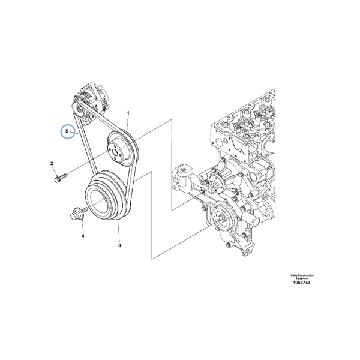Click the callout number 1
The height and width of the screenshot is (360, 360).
tap(128, 113)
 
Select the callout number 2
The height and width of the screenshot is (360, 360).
tap(52, 164)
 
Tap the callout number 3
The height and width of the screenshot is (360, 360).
tap(119, 245)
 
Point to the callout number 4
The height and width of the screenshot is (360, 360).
tap(83, 236)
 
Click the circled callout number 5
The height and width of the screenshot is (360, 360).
tap(68, 130)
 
